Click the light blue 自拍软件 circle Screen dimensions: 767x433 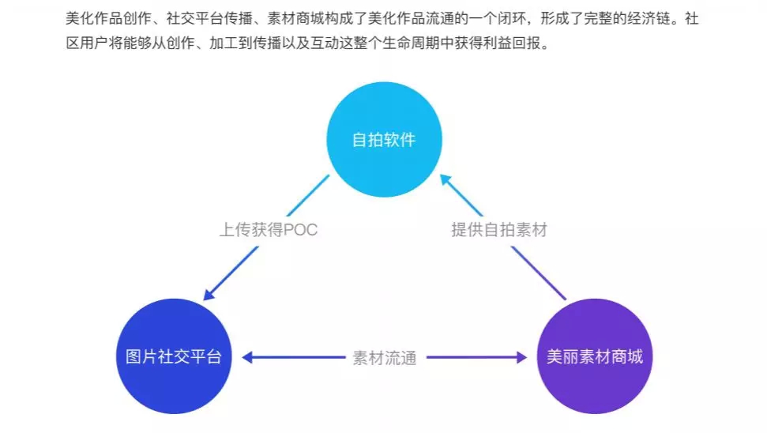[384, 139]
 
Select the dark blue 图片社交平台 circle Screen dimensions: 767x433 [174, 356]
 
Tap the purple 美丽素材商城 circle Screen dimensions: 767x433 [594, 356]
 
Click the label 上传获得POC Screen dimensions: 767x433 [268, 229]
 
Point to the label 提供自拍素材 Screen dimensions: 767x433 [499, 229]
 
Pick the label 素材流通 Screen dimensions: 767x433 [385, 358]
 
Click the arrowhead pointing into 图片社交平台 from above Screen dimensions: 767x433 [209, 294]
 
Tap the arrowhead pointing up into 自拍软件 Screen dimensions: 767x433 [446, 180]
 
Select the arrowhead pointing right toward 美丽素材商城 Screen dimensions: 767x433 [522, 357]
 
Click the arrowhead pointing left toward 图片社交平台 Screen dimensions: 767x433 [247, 357]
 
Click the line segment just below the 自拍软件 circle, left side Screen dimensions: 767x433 [308, 196]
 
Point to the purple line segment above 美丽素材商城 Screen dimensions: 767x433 [539, 273]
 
